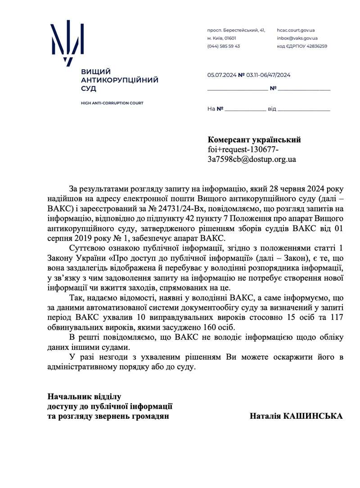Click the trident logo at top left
point(67,42)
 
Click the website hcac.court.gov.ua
point(296,30)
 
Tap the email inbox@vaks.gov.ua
point(297,38)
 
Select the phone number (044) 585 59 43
point(224,46)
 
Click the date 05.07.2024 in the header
point(221,75)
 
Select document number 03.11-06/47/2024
point(268,75)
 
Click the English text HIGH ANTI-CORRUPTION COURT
point(112,103)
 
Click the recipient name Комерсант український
point(254,140)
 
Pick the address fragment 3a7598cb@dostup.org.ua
point(252,159)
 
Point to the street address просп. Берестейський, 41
point(236,30)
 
